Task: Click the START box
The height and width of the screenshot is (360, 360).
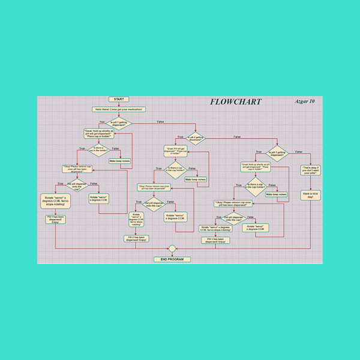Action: click(x=118, y=99)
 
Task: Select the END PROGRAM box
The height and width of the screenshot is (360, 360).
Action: click(x=172, y=259)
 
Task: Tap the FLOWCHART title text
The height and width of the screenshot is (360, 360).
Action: click(x=235, y=101)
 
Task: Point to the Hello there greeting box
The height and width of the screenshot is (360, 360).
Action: click(x=118, y=109)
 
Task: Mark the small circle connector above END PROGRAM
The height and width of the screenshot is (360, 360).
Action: click(x=172, y=248)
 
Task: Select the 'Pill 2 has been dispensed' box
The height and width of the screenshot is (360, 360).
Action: click(x=136, y=239)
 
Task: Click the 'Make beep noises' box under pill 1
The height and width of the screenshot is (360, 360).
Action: click(x=121, y=160)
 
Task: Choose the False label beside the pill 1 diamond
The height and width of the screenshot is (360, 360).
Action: click(x=161, y=122)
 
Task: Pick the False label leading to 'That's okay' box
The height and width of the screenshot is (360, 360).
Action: click(x=299, y=152)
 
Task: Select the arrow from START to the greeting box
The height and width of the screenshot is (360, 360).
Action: click(x=118, y=104)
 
